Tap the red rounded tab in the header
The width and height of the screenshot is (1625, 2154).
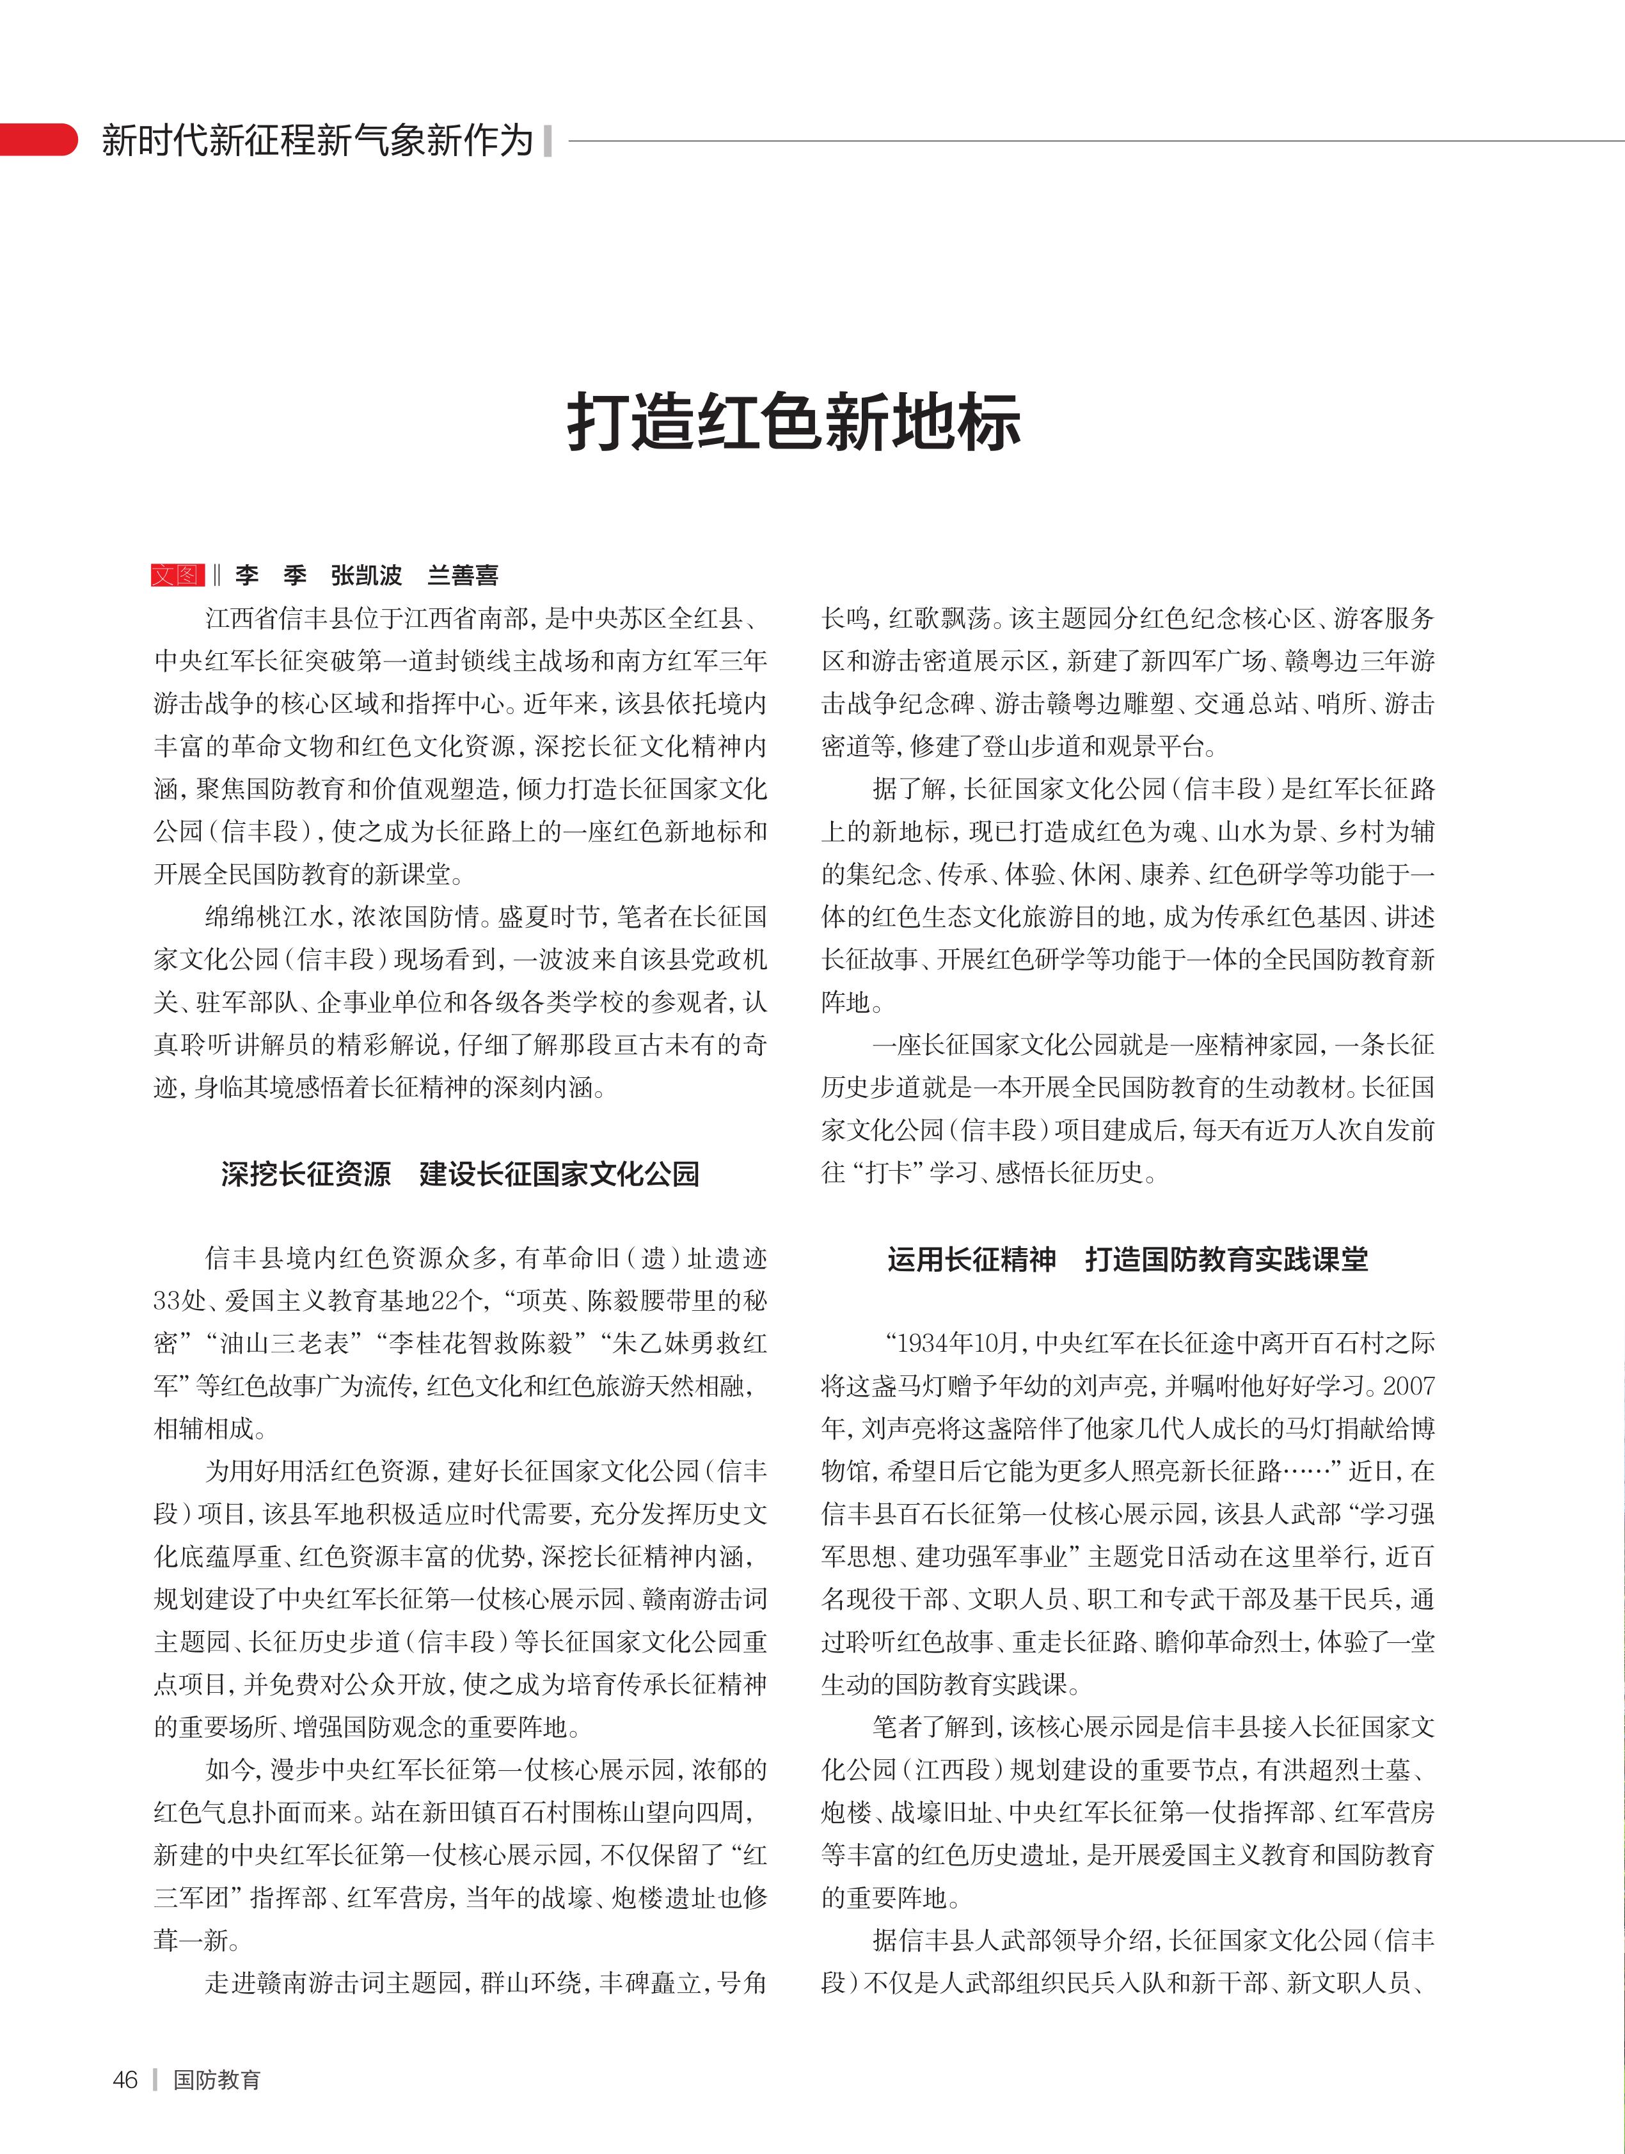(x=39, y=139)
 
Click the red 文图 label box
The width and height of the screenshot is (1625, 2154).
(x=177, y=576)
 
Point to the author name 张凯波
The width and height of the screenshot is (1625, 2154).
(x=366, y=576)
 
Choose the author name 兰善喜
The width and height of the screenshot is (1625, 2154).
(x=463, y=576)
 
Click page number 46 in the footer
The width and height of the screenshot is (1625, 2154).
(x=125, y=2080)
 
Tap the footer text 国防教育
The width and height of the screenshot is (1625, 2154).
(x=217, y=2080)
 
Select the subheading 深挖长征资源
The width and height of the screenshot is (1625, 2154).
(x=306, y=1175)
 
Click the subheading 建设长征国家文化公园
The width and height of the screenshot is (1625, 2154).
(x=559, y=1175)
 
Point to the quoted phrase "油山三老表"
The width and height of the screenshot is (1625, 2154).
(x=278, y=1344)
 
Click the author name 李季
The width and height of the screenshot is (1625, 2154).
(x=271, y=576)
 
